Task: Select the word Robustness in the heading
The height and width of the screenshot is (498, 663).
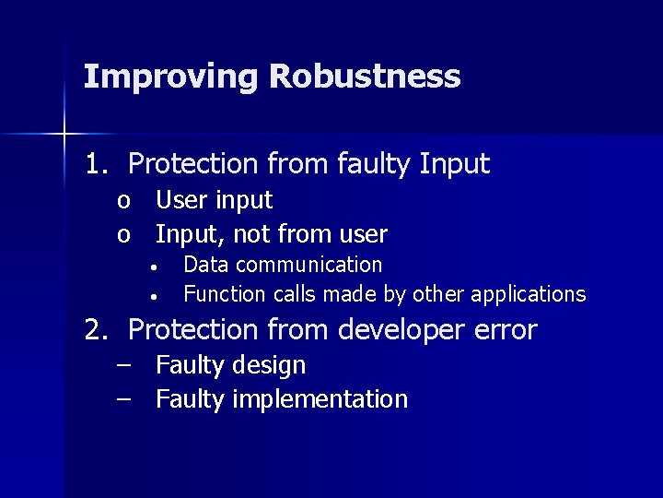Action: (x=365, y=76)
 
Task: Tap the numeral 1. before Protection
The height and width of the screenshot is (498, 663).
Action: (x=97, y=164)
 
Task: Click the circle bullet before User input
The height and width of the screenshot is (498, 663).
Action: (x=124, y=201)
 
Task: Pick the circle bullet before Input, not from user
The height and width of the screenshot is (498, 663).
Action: (x=124, y=235)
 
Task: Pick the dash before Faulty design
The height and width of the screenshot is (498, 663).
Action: (x=124, y=364)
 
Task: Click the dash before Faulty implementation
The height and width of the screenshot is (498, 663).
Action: (x=124, y=398)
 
